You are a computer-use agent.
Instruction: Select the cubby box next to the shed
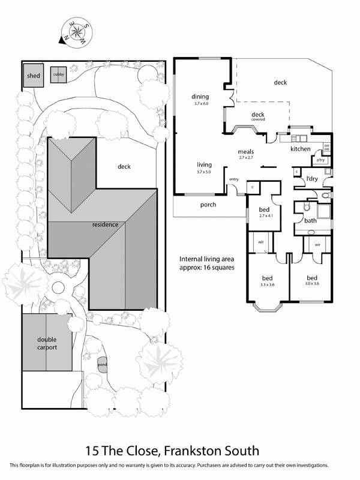[58, 74]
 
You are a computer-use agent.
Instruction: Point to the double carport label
[46, 343]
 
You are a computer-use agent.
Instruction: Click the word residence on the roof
[104, 224]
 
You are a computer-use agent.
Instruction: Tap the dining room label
[200, 97]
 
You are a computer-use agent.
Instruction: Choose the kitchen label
[300, 148]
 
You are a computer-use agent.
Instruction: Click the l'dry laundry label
[311, 179]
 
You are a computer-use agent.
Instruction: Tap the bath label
[310, 221]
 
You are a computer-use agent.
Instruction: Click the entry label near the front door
[233, 179]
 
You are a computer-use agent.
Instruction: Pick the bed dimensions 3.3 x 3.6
[268, 286]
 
